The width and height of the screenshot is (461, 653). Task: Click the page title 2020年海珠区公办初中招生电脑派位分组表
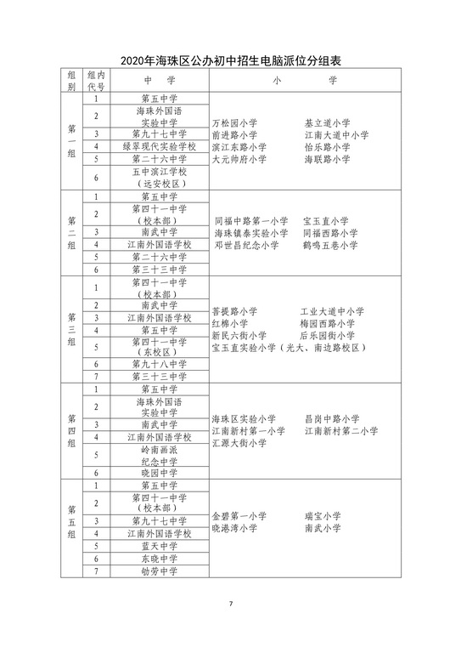click(230, 60)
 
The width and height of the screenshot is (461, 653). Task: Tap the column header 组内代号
click(96, 80)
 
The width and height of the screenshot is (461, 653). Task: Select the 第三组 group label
click(71, 329)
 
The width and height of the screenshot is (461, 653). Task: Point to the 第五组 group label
click(71, 522)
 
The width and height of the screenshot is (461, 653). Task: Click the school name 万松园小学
click(234, 123)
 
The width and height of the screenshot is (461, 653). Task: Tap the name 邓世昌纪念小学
click(246, 245)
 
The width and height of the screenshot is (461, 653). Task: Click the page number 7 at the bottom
click(230, 604)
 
